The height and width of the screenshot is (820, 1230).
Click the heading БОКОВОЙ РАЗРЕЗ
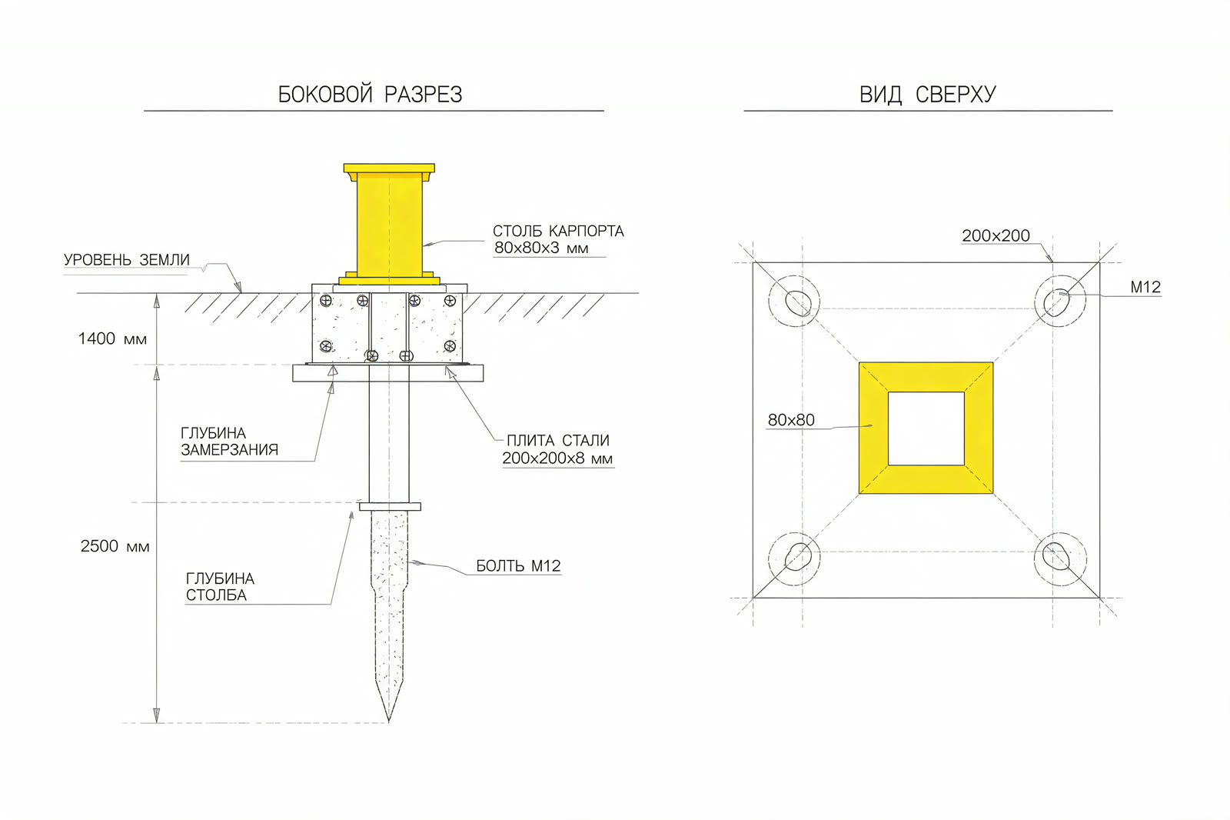coord(370,95)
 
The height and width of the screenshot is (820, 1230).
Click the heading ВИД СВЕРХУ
coord(927,95)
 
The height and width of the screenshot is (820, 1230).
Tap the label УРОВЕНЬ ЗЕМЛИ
coord(127,259)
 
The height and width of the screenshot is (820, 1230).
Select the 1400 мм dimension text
coord(112,338)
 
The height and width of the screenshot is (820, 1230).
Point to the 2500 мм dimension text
coord(115,545)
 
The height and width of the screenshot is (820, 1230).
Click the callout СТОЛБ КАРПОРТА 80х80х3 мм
coord(558,239)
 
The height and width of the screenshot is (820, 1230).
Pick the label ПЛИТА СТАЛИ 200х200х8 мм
coord(557,449)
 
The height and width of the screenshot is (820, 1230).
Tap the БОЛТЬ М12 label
coord(518,565)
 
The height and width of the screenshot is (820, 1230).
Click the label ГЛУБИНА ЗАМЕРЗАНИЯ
coord(230,442)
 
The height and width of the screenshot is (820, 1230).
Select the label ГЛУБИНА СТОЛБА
coord(220,586)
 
